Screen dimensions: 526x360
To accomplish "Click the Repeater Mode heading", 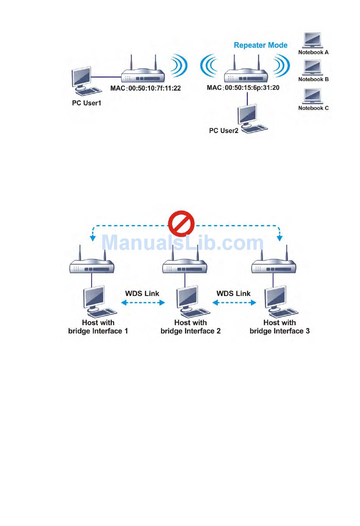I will (x=260, y=45).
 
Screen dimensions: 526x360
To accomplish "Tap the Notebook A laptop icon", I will (x=313, y=41).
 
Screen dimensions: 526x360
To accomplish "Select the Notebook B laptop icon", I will (x=312, y=68).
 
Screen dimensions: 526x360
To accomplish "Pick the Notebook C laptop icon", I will (x=312, y=96).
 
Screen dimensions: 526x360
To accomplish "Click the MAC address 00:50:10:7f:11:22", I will (x=146, y=88).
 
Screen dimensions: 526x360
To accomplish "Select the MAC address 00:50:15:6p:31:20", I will (x=243, y=88).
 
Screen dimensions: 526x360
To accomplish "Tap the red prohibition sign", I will (x=181, y=224).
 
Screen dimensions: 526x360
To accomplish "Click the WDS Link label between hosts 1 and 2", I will (x=142, y=293).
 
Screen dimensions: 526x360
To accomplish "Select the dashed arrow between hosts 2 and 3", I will (x=234, y=302).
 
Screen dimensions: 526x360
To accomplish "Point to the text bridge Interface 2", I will (x=190, y=331).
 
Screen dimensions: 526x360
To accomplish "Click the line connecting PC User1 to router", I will (x=106, y=77).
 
